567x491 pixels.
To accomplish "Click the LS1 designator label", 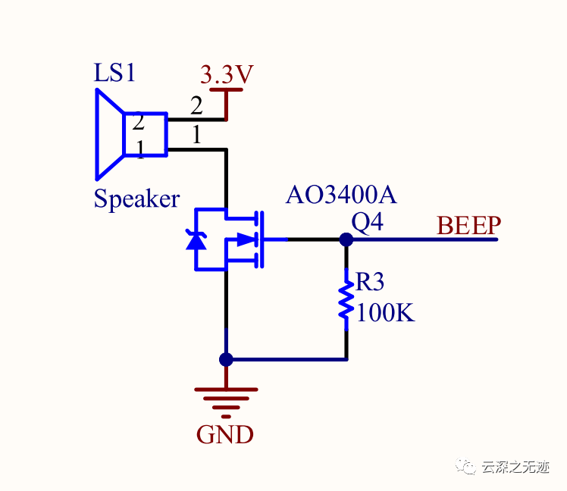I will [x=114, y=73].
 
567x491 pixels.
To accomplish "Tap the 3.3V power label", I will [x=226, y=75].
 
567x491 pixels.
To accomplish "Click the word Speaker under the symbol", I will [x=136, y=199].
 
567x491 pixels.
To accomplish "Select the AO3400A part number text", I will [x=341, y=195].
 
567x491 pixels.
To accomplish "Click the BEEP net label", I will [x=469, y=226].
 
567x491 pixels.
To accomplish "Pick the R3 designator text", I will [x=370, y=283].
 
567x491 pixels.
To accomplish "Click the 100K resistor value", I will [x=386, y=312].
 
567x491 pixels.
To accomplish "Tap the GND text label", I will [x=225, y=435].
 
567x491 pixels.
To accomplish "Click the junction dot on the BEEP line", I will [x=346, y=239].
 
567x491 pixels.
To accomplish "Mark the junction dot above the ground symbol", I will [x=226, y=359].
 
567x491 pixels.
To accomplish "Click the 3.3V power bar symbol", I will [x=226, y=91].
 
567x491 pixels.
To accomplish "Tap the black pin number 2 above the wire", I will [x=196, y=105].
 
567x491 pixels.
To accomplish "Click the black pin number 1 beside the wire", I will [x=196, y=136].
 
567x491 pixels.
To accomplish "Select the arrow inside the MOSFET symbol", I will [x=244, y=239].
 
